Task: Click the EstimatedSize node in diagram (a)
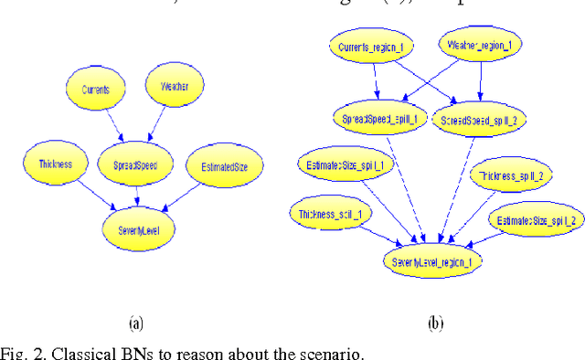click(x=224, y=166)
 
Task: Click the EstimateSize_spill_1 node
click(x=342, y=165)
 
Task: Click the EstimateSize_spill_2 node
click(x=536, y=220)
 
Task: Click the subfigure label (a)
click(x=135, y=323)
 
